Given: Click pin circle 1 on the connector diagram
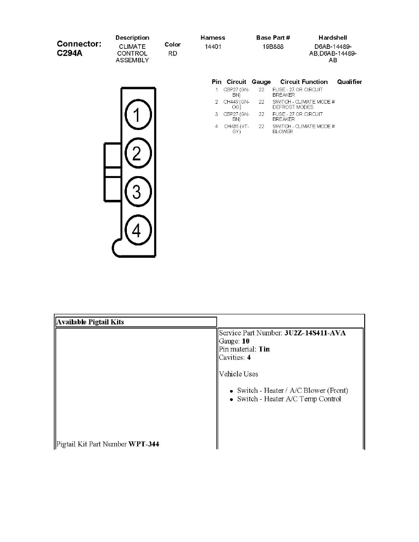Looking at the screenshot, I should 136,116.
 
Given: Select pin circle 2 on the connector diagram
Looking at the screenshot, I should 136,154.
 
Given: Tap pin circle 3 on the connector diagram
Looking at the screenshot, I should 136,192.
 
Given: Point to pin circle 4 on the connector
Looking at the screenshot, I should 136,231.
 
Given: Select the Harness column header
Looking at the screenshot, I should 213,37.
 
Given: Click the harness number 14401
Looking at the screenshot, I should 213,47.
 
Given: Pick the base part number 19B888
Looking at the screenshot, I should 273,47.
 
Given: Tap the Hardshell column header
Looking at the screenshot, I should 333,37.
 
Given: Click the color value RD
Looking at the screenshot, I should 173,53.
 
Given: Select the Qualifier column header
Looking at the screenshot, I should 349,82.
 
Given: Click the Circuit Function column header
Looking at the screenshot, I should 304,82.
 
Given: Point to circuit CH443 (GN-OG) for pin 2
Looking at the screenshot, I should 236,104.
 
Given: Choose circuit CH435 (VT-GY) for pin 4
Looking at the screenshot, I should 236,129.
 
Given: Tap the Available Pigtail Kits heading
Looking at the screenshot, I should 90,322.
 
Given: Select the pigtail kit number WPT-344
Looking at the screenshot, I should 144,444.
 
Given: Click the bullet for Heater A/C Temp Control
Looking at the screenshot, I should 232,400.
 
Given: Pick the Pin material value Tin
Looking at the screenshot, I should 264,349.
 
